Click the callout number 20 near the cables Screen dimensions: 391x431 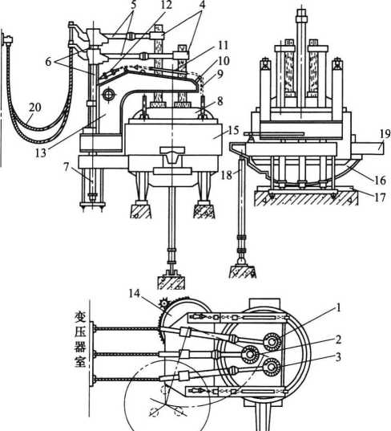35,108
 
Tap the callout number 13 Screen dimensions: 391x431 41,153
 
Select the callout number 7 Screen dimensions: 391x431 66,167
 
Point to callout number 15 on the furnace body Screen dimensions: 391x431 233,130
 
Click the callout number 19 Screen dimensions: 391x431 385,134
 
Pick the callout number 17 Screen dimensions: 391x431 380,197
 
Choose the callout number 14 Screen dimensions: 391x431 135,293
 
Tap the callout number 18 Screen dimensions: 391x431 227,175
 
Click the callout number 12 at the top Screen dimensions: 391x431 167,5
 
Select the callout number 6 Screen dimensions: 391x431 48,62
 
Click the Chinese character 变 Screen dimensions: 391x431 80,318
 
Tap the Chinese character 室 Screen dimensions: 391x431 80,361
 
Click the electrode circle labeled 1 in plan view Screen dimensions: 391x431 272,342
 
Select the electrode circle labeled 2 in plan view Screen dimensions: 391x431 250,355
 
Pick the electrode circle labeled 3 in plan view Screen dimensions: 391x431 272,367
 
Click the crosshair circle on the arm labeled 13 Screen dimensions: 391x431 109,94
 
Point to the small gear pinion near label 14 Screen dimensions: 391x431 164,303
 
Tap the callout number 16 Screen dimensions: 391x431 381,180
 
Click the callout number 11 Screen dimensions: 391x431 223,45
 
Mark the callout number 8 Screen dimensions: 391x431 220,101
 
